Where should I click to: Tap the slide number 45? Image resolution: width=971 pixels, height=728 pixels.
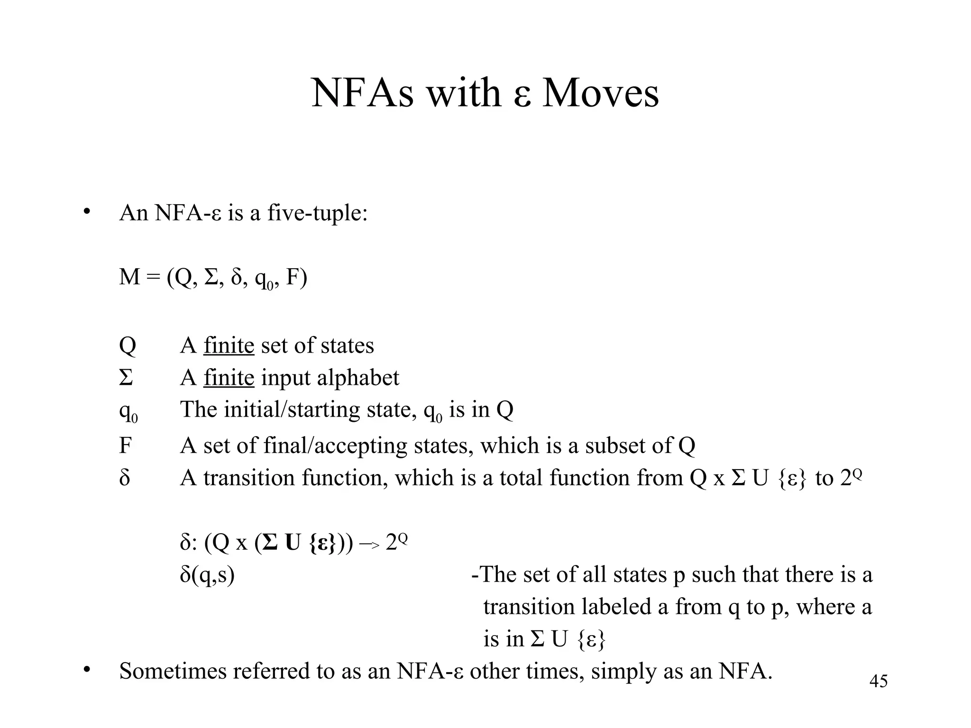(878, 681)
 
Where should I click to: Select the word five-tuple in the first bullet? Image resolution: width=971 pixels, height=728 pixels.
(317, 213)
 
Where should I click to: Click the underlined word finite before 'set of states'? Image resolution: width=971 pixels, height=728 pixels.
(229, 345)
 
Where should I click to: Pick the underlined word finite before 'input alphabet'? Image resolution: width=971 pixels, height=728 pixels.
(229, 378)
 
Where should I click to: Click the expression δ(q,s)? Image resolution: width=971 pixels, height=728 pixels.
(207, 575)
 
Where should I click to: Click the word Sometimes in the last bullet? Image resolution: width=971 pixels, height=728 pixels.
(173, 671)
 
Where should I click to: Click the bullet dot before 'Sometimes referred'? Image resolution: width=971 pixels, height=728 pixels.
(86, 669)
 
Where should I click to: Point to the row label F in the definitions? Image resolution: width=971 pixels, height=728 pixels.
(125, 446)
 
